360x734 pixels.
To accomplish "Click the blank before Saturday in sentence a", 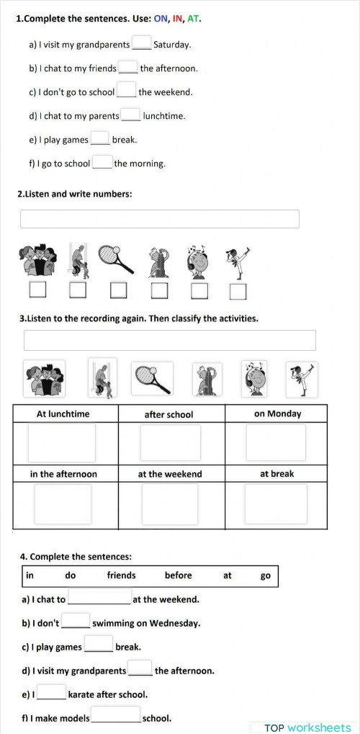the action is (142, 43).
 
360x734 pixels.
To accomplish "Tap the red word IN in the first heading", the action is (178, 19).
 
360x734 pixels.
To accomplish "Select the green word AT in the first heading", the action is (193, 19).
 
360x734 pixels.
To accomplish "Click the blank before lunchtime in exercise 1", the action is (130, 115).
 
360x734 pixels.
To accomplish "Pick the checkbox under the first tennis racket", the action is (119, 290).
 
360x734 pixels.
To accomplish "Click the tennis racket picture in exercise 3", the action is (152, 378).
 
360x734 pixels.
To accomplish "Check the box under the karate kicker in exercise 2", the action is (238, 291).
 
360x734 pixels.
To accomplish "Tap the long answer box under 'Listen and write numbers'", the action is (159, 219).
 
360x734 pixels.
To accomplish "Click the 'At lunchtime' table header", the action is (63, 413).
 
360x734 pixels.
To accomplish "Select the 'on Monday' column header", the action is (277, 413).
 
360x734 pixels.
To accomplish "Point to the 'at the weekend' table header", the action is (170, 474).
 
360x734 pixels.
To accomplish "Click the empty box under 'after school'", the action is (170, 442).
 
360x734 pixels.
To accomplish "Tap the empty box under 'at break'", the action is (276, 503).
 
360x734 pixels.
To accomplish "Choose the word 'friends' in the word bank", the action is (121, 576).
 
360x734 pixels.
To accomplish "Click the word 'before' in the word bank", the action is (179, 576).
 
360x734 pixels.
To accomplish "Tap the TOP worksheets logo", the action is (307, 728).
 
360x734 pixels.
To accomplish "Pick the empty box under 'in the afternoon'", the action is (63, 503).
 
